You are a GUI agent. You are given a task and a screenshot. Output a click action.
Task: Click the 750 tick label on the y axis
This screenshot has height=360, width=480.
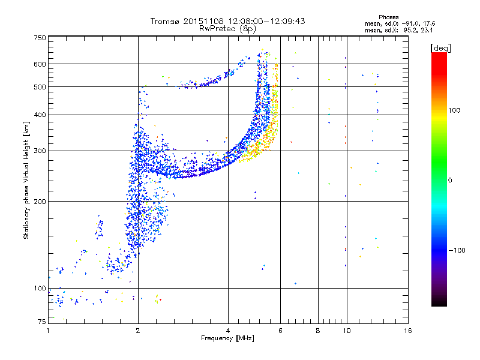coord(40,38)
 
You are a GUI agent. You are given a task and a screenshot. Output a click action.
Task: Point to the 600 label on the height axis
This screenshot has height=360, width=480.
coord(40,64)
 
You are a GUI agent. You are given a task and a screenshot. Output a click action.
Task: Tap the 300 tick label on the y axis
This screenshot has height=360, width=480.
coord(40,151)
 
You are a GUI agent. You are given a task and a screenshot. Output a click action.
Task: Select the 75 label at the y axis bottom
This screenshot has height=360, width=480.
coord(42,322)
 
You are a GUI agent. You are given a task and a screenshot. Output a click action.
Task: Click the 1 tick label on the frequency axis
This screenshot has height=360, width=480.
coord(48,331)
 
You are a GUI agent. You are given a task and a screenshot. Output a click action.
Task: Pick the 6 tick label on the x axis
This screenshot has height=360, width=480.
coord(280,331)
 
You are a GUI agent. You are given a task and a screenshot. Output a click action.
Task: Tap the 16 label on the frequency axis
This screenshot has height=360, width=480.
coord(408,331)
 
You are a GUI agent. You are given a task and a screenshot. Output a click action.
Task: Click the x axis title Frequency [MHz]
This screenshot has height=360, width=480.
coord(227,338)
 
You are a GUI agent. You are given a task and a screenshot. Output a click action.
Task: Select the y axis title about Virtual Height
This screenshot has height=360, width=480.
coord(26,181)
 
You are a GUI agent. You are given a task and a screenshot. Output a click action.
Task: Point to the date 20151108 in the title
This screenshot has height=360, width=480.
coord(203,22)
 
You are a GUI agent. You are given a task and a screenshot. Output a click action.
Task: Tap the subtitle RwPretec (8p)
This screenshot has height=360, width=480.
coord(227,29)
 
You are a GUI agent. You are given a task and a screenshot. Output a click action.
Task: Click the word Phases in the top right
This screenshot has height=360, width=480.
coord(388,17)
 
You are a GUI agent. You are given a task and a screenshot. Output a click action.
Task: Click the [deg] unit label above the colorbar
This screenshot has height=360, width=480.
coord(440,49)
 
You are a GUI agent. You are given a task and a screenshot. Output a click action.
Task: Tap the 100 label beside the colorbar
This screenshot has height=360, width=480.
coord(454,110)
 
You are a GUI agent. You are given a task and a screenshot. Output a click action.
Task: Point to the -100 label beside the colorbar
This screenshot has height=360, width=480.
coord(457,250)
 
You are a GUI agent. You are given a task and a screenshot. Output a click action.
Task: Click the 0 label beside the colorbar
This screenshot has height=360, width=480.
coord(450,181)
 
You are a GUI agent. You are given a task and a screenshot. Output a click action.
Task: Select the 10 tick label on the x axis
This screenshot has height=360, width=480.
coord(347,331)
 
